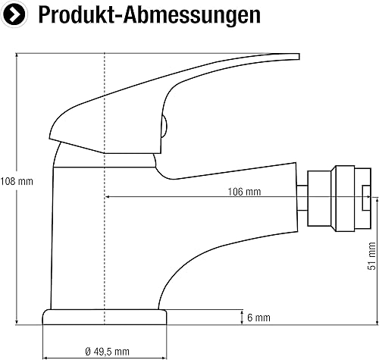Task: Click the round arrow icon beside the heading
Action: [14, 14]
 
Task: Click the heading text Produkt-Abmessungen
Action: [149, 15]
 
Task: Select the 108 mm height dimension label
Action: [17, 181]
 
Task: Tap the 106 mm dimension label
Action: [244, 192]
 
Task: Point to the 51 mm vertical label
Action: [371, 255]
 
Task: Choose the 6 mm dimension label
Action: [258, 318]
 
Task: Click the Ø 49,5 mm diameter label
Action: [108, 352]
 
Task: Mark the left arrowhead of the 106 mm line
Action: [107, 196]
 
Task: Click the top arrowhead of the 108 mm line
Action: [17, 55]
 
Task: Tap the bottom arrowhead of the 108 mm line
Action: [17, 322]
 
